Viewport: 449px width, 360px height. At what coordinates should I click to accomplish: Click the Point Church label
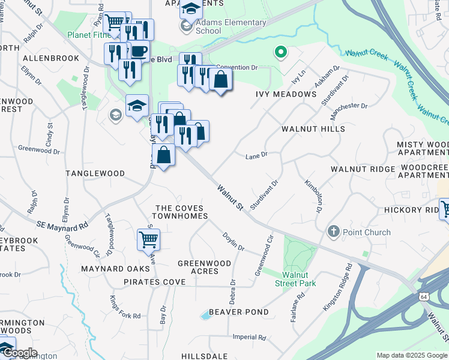coord(366,232)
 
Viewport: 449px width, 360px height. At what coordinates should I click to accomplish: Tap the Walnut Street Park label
coord(294,279)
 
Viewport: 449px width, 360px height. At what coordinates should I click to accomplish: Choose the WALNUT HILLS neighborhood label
coord(313,129)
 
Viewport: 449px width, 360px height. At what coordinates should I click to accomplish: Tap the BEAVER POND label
coord(239,312)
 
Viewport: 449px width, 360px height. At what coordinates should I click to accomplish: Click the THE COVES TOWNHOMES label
coord(181,212)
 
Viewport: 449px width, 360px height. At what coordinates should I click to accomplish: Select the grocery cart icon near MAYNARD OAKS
coord(148,239)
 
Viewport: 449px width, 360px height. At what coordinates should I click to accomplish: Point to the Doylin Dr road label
coord(234,242)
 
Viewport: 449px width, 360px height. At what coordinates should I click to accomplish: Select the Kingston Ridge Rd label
coord(336,289)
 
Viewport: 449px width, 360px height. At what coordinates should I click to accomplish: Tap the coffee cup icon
coord(139,52)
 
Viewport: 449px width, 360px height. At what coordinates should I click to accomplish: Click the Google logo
coord(19,353)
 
